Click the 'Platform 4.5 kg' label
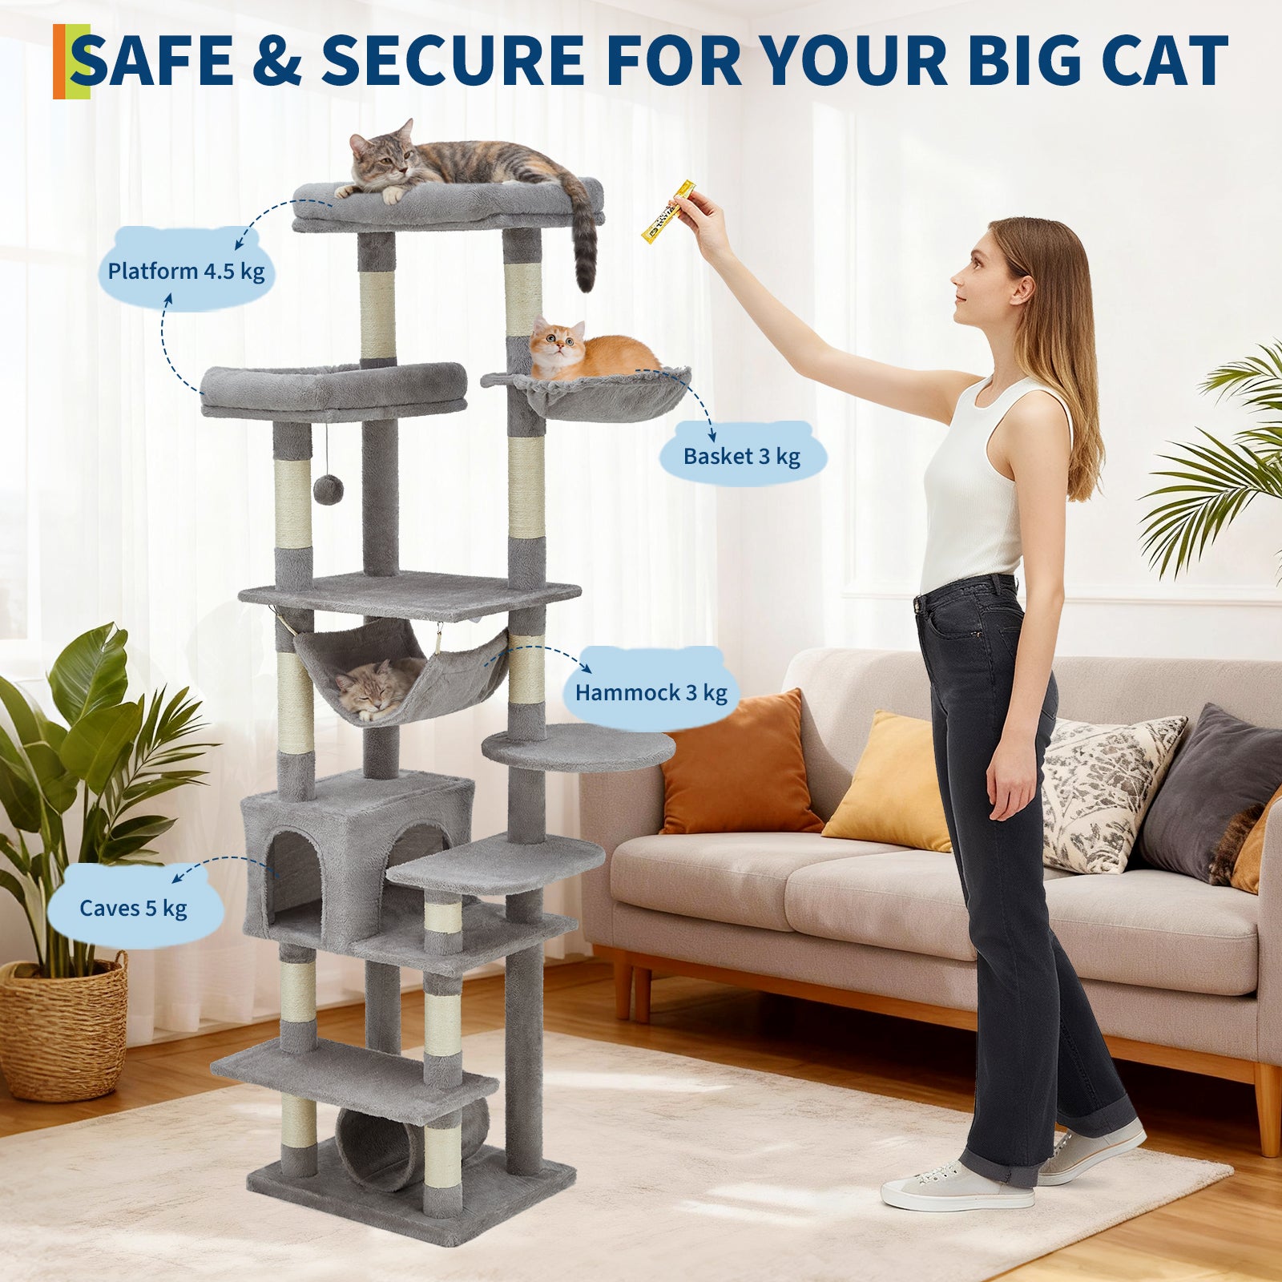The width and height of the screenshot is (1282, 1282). point(186,271)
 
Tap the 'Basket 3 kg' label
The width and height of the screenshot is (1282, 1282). point(741,456)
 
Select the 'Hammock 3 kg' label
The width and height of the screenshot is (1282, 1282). point(651,692)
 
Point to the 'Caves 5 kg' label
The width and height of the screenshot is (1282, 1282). point(133,908)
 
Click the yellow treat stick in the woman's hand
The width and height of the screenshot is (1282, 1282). point(666,212)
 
